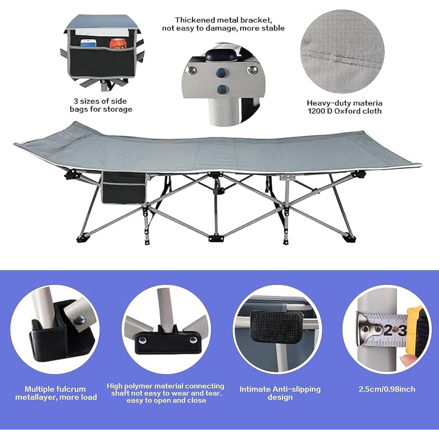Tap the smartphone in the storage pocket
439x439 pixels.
pos(88,43)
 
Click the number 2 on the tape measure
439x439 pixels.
pos(387,331)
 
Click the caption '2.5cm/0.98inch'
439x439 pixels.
pos(387,389)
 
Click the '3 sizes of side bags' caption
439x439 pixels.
pos(100,105)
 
